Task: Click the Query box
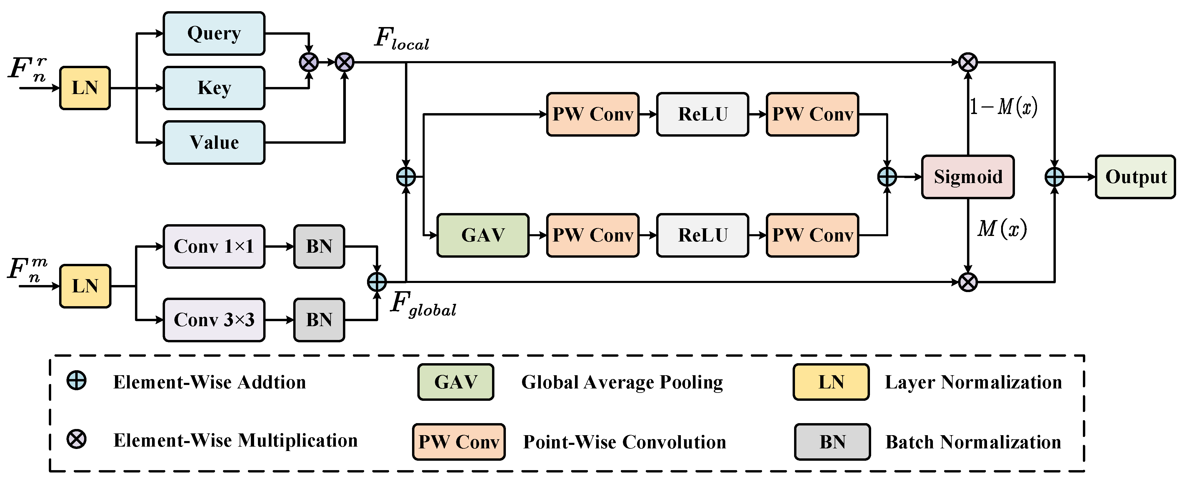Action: point(214,33)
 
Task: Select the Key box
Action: point(214,88)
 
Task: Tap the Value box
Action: point(214,143)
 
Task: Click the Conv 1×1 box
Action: point(214,246)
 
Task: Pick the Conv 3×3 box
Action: point(214,320)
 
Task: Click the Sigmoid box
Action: point(968,177)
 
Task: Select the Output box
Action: point(1135,177)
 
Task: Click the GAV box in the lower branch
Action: point(483,235)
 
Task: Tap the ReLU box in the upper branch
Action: point(703,114)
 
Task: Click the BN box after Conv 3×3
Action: point(319,320)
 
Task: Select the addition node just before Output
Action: point(1054,177)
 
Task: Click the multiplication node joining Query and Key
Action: point(309,62)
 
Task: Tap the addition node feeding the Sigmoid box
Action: point(887,177)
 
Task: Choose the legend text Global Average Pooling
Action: point(622,382)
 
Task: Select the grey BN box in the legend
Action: point(832,442)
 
